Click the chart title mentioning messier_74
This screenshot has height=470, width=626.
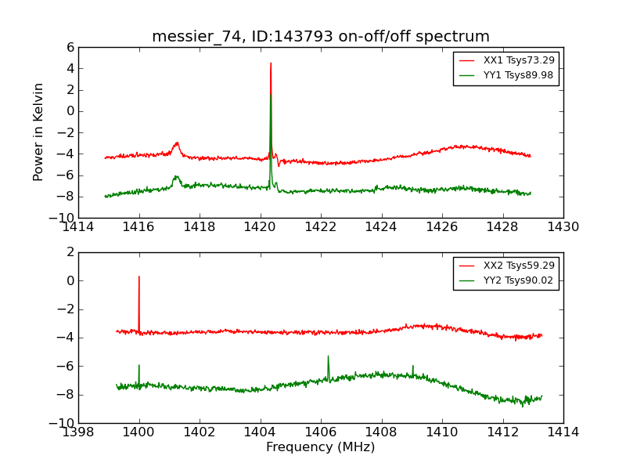click(x=321, y=37)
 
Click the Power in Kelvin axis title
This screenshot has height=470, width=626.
click(x=39, y=132)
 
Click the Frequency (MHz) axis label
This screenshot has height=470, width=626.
click(x=321, y=447)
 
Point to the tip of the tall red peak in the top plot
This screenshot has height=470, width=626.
click(x=271, y=63)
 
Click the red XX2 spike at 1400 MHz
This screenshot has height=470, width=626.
click(x=139, y=277)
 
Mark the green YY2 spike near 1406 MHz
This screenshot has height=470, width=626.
click(x=328, y=356)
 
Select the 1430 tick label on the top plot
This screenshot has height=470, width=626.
click(x=563, y=227)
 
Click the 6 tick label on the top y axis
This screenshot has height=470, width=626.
click(x=70, y=47)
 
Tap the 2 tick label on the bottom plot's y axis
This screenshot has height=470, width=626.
click(x=70, y=252)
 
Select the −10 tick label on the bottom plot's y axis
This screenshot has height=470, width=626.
click(x=64, y=423)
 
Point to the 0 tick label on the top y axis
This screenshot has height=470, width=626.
click(x=70, y=111)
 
